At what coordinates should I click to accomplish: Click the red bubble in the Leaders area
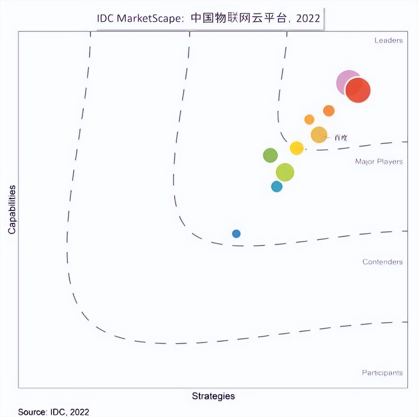coord(358,90)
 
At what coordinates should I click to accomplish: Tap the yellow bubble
coord(296,148)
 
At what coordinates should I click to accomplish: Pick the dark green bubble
coord(270,155)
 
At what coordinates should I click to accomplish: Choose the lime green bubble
coord(285,172)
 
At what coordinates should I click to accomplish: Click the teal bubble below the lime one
coord(277,187)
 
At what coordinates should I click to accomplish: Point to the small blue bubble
coord(236,234)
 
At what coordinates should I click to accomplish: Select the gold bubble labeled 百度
coord(319,135)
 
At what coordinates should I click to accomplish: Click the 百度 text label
coord(341,138)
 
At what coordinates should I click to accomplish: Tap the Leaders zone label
coord(388,40)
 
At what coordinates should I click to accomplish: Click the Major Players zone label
coord(379,161)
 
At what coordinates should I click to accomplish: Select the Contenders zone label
coord(382,262)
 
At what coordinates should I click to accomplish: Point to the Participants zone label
coord(382,372)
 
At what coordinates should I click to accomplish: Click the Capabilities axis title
coord(12,209)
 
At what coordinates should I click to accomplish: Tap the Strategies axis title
coord(213,396)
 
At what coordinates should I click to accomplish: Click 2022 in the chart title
coord(308,19)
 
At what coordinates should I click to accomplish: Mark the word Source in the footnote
coord(31,412)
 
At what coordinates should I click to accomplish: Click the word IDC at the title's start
coord(106,19)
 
